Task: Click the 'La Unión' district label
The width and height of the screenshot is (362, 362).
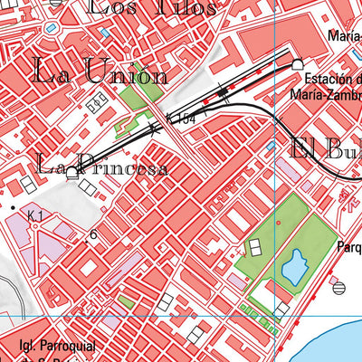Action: (100, 71)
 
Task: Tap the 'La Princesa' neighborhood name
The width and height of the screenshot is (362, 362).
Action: (101, 167)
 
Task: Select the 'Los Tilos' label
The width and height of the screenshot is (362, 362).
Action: (153, 8)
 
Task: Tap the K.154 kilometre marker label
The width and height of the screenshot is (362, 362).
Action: (180, 119)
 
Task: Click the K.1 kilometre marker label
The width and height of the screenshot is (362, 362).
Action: (35, 215)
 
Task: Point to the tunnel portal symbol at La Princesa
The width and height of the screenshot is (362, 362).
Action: (71, 172)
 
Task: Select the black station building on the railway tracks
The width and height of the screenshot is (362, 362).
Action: (223, 90)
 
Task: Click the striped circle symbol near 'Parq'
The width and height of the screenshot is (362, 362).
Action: (338, 288)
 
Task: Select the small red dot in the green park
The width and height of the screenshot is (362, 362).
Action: (243, 256)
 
